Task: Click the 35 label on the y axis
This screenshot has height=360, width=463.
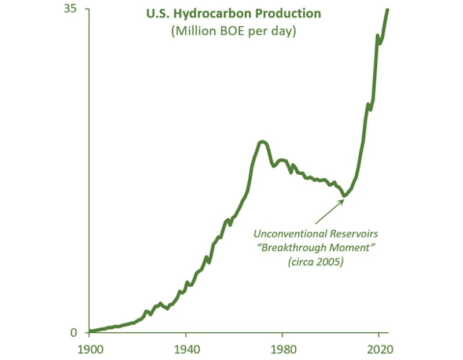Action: tap(76, 10)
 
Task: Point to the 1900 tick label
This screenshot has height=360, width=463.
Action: tap(89, 350)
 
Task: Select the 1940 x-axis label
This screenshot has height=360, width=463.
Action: tap(186, 350)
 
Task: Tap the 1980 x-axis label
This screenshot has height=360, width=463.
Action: tap(282, 350)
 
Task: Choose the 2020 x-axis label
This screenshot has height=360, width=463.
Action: tap(379, 350)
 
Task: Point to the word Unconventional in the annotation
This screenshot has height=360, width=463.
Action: tap(287, 234)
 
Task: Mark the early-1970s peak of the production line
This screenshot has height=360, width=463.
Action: tap(262, 142)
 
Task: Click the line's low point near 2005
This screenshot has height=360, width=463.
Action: tap(344, 195)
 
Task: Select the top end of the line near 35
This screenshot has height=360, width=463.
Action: tap(387, 10)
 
